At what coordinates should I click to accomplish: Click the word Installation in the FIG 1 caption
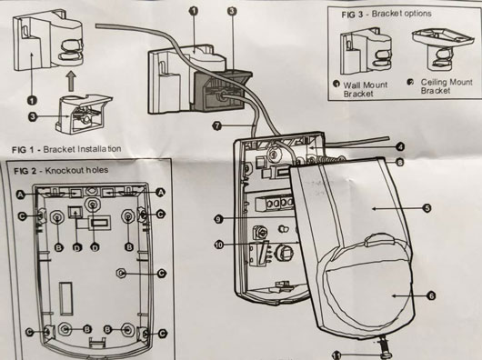pos(99,149)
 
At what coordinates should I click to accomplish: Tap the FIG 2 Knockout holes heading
pos(61,171)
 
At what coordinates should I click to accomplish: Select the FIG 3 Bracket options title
pos(387,14)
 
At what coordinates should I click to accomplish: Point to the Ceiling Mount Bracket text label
pos(447,86)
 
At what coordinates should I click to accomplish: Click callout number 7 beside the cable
pos(217,125)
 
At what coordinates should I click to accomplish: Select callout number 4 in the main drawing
pos(400,147)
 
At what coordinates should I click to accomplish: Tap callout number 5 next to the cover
pos(427,208)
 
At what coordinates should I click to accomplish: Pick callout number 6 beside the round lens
pos(431,296)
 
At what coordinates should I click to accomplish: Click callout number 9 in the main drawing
pos(218,219)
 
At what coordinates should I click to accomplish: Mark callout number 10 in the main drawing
pos(219,245)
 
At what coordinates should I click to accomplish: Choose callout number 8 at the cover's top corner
pos(399,162)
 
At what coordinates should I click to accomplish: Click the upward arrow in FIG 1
pos(71,82)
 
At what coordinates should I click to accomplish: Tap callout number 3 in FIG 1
pos(33,116)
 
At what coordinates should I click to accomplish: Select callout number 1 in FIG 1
pos(32,100)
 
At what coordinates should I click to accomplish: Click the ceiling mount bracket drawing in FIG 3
pos(443,48)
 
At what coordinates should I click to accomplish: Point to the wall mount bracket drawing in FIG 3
pos(366,51)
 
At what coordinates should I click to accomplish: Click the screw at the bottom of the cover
pos(384,347)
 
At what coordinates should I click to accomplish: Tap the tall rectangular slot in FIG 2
pos(65,299)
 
